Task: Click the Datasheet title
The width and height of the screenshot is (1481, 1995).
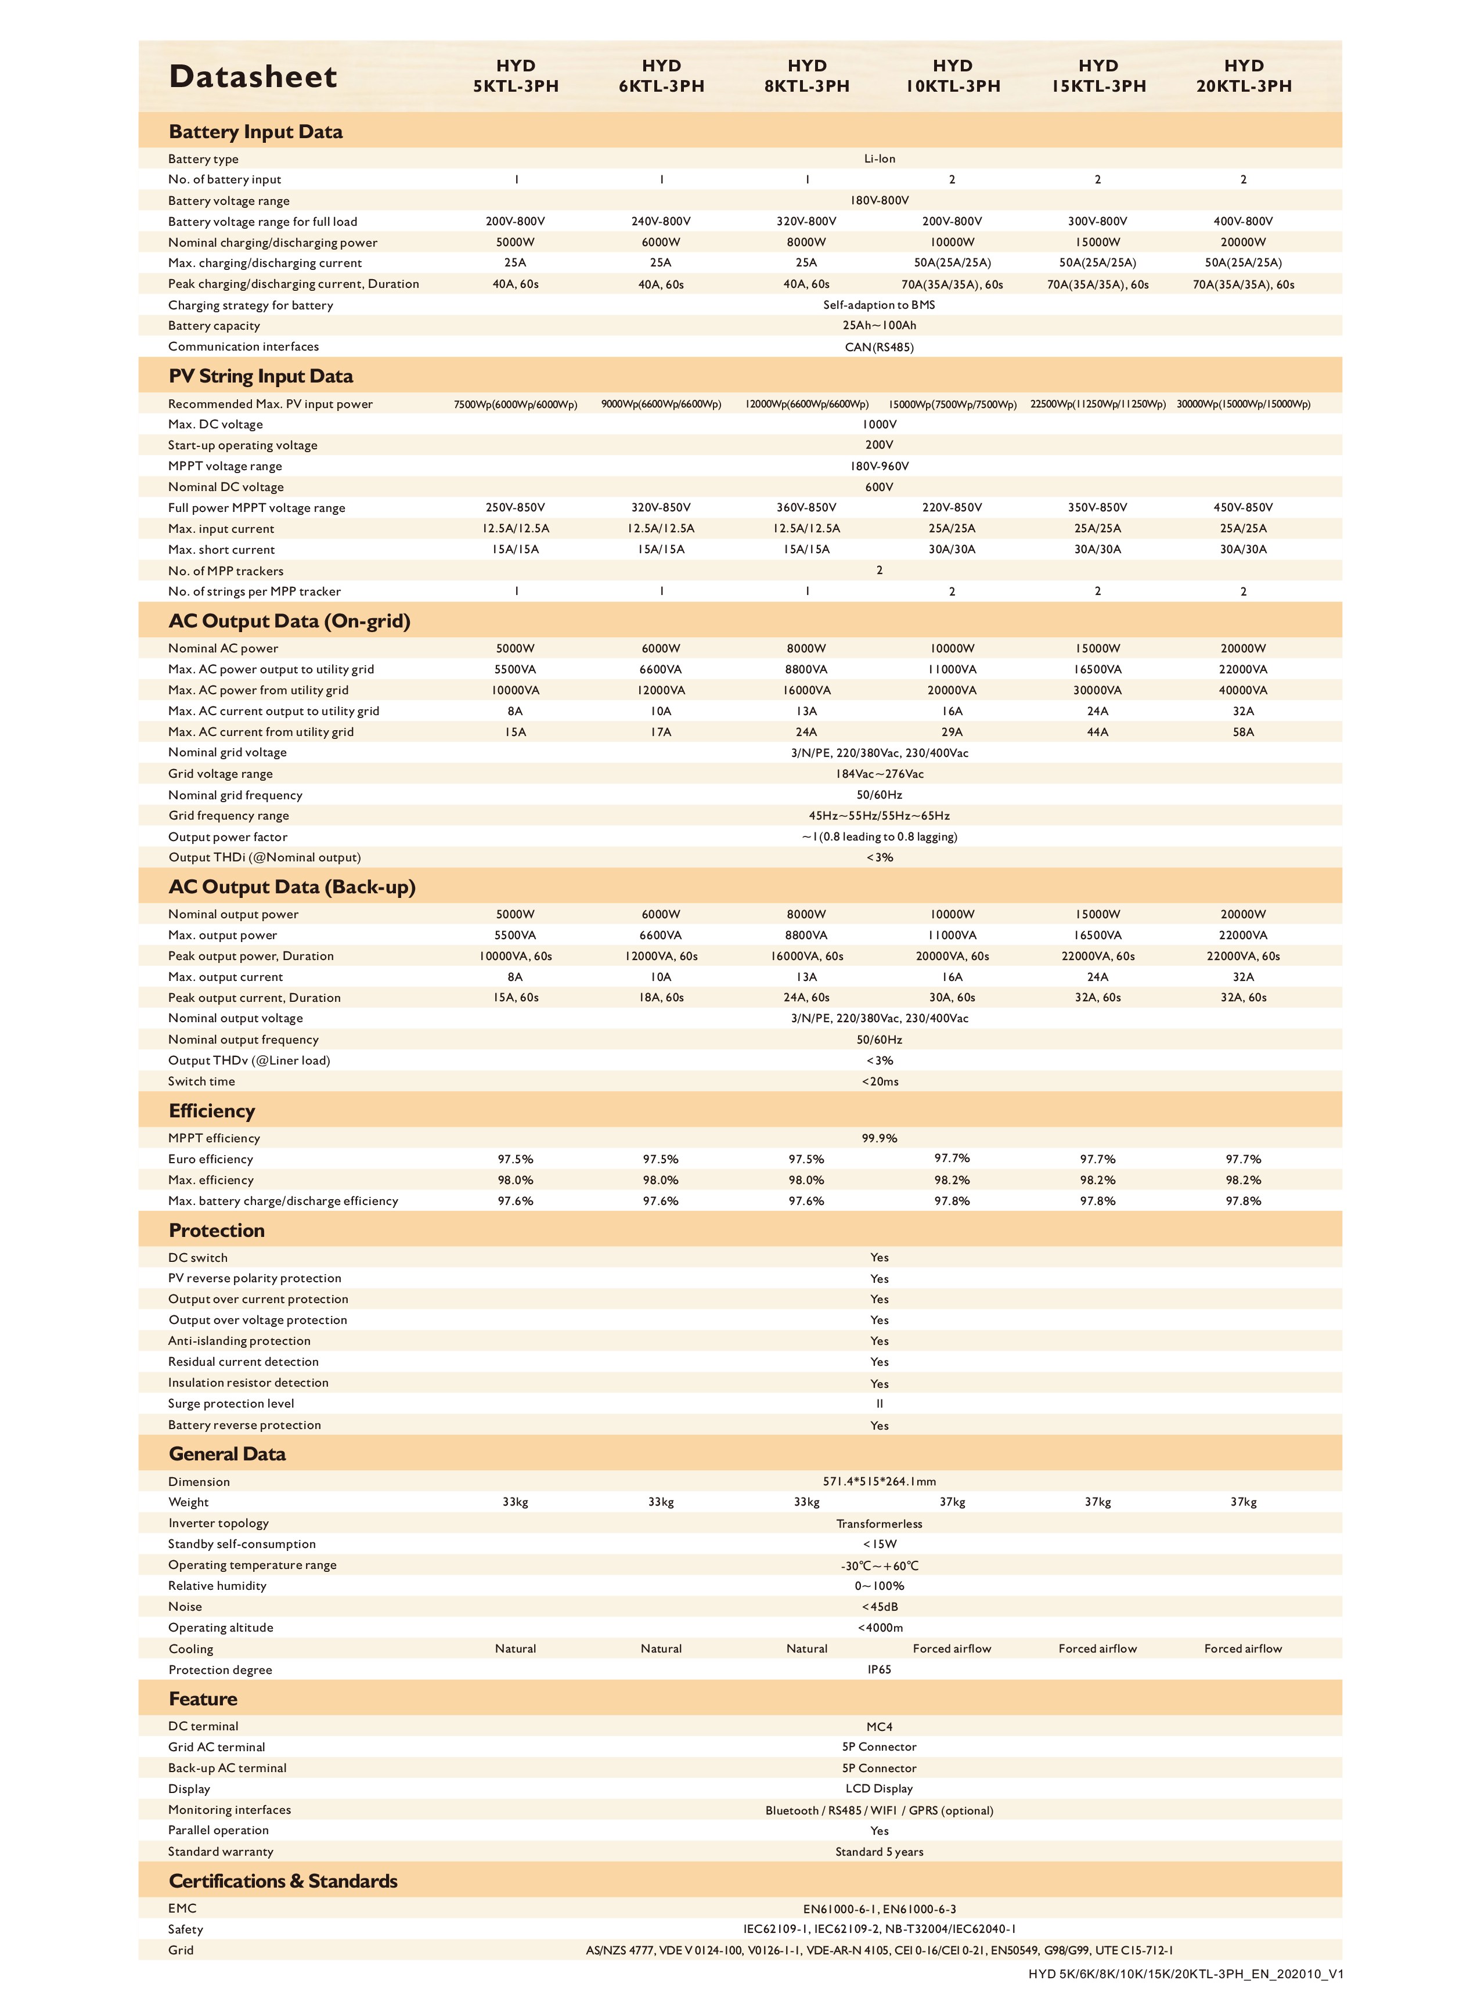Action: pyautogui.click(x=253, y=77)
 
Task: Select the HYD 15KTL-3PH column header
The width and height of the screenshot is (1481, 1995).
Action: pyautogui.click(x=1098, y=76)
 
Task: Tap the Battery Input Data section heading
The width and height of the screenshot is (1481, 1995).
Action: pyautogui.click(x=255, y=132)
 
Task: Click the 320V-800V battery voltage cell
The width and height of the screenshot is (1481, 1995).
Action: pyautogui.click(x=806, y=221)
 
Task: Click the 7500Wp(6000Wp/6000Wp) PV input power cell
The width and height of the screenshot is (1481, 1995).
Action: pyautogui.click(x=516, y=404)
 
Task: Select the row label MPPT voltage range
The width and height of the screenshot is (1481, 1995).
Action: pyautogui.click(x=225, y=466)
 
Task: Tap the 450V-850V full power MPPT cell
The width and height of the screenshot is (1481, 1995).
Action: pyautogui.click(x=1242, y=507)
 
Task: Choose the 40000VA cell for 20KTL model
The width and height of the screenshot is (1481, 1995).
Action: pyautogui.click(x=1242, y=690)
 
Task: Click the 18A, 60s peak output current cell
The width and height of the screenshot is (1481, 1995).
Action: pyautogui.click(x=661, y=997)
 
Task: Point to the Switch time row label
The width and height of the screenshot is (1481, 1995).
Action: pyautogui.click(x=201, y=1081)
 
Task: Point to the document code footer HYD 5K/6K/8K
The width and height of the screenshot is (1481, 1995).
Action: pyautogui.click(x=1185, y=1974)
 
